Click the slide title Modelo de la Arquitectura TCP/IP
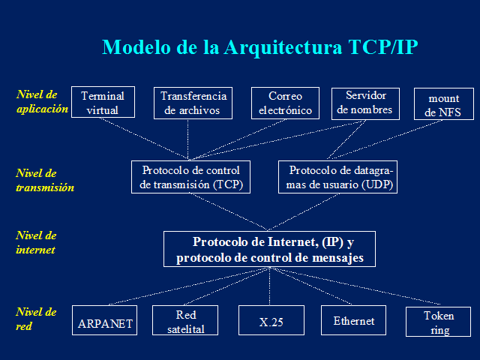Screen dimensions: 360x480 click(x=259, y=47)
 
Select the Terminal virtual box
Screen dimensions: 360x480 click(x=103, y=103)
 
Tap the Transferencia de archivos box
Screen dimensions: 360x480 click(x=194, y=103)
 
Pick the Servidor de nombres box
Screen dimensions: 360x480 click(x=366, y=103)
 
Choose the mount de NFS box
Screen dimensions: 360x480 click(x=444, y=105)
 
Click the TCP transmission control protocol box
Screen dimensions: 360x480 click(x=190, y=177)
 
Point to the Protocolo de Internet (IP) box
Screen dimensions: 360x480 click(x=269, y=250)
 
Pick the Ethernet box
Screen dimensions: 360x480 click(x=353, y=321)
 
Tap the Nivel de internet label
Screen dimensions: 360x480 click(x=37, y=243)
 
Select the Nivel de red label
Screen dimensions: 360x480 click(x=36, y=319)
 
